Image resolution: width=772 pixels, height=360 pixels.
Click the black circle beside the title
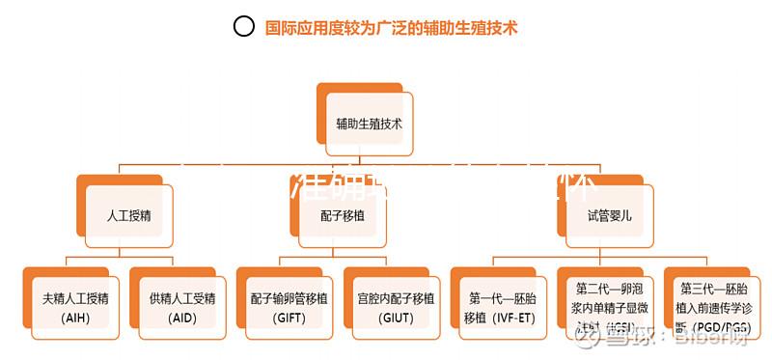(244, 27)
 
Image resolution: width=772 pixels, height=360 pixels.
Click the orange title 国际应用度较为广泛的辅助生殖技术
(391, 28)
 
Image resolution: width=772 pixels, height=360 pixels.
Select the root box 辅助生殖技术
(370, 124)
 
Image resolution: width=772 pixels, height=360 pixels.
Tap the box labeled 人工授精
(128, 215)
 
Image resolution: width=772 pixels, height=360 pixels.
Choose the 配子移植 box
(343, 215)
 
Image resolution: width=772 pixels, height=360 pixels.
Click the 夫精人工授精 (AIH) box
(75, 305)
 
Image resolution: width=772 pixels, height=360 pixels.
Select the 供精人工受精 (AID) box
(182, 305)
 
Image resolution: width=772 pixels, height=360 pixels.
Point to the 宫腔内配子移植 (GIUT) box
(396, 305)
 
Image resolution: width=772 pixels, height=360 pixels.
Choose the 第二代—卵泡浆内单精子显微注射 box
(610, 305)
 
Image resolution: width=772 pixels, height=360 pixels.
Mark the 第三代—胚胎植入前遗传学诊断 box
(714, 305)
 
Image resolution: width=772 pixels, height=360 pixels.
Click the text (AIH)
(75, 318)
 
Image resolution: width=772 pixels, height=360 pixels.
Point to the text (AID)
(182, 318)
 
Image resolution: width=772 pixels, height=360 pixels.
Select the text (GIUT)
(396, 318)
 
